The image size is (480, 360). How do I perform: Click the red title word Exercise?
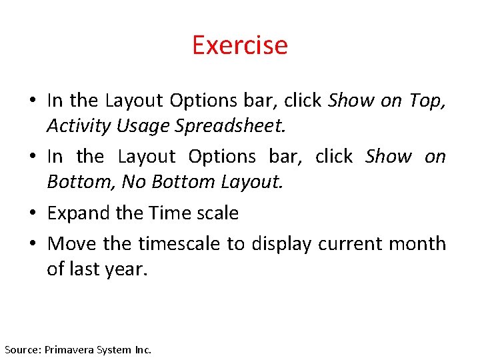(240, 45)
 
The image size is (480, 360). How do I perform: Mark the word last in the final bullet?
(85, 269)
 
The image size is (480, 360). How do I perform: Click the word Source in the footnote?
(21, 349)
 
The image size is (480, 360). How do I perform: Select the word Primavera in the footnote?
(69, 349)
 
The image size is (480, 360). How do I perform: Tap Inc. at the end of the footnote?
(142, 349)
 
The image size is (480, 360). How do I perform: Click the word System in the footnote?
(114, 349)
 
